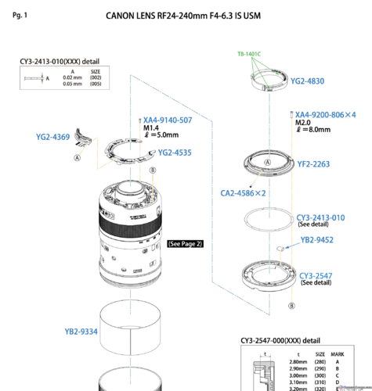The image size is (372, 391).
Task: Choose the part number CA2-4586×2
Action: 242,192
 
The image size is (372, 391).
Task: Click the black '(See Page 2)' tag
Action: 186,244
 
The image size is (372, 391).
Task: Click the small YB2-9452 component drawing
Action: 279,249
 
